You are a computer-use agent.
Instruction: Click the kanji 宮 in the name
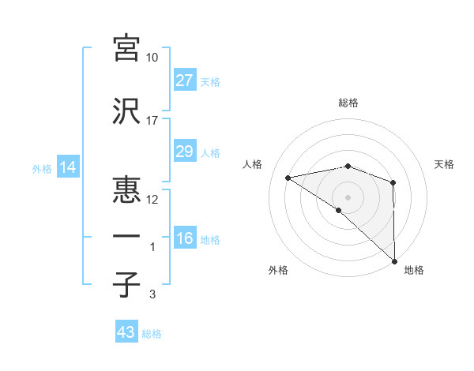[126, 48]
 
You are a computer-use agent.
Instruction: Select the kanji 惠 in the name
[126, 189]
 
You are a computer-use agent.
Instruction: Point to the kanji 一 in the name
[126, 236]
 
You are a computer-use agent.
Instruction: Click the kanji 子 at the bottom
[126, 285]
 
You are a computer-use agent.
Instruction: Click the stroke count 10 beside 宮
[152, 58]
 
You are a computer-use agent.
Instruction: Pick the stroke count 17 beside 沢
[152, 121]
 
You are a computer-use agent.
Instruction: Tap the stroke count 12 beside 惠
[152, 200]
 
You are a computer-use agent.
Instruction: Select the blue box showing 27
[184, 81]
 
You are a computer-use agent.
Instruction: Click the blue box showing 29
[184, 152]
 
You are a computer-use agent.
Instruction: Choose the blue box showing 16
[184, 239]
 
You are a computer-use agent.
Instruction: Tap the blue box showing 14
[67, 168]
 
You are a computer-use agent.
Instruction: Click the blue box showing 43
[126, 333]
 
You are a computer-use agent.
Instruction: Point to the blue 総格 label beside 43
[152, 334]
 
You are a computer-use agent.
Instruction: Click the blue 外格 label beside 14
[42, 169]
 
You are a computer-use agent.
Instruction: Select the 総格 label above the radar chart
[348, 103]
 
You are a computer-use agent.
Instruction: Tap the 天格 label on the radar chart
[444, 164]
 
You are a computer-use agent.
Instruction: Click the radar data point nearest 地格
[393, 260]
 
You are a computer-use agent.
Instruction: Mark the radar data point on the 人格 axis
[288, 178]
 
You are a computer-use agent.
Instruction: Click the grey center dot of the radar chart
[348, 196]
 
